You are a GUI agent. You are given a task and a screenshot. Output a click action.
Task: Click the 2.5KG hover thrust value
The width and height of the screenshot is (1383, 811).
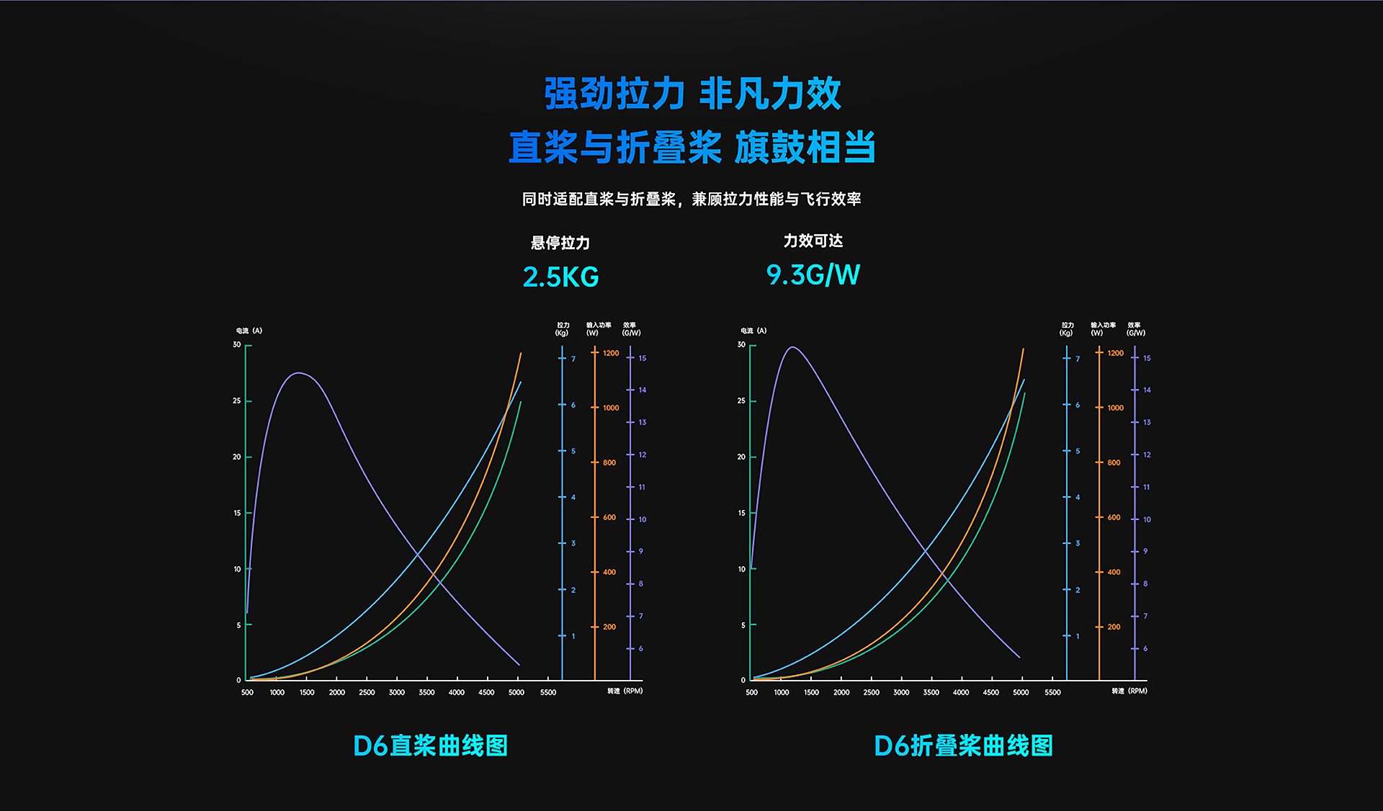[x=560, y=277]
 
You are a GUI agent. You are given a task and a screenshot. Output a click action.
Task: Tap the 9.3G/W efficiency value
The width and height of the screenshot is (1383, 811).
[x=813, y=274]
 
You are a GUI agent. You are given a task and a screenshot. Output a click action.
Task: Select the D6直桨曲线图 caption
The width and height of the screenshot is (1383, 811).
[x=430, y=745]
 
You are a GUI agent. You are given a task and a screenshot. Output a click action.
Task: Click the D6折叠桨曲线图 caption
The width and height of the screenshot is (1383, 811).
[x=963, y=745]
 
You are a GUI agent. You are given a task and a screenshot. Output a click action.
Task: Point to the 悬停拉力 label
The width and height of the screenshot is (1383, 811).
[x=560, y=243]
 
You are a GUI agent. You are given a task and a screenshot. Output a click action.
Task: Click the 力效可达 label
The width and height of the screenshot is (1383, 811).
[x=813, y=241]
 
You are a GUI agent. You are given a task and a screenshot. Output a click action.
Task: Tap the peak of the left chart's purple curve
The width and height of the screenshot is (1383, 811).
[x=299, y=373]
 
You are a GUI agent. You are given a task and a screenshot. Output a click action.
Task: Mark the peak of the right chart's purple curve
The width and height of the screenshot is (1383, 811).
[x=792, y=348]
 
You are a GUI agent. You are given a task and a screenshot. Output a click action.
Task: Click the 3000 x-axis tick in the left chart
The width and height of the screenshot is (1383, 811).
[x=397, y=692]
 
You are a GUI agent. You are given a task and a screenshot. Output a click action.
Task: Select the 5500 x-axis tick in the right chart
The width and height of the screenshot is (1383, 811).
[x=1052, y=692]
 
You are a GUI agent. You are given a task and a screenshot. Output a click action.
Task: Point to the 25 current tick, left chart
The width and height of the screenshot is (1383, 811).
[x=237, y=400]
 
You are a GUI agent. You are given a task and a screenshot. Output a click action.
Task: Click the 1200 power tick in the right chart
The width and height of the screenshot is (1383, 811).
[x=1115, y=353]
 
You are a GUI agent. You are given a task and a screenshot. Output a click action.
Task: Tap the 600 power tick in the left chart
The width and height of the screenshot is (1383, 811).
[x=609, y=517]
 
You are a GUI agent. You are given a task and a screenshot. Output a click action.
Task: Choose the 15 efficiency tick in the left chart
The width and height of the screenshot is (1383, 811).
[x=643, y=358]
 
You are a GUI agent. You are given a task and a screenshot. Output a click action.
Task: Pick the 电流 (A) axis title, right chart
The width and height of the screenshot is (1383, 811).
[x=753, y=331]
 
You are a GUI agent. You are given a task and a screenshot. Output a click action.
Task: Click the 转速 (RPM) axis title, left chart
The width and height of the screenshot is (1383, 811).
[x=625, y=691]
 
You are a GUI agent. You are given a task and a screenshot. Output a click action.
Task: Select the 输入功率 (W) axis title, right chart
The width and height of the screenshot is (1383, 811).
[x=1103, y=329]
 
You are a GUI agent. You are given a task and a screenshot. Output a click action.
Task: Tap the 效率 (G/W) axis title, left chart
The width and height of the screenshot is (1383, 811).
[x=631, y=329]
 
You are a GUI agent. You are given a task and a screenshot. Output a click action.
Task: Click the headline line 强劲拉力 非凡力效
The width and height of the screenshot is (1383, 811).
[x=691, y=94]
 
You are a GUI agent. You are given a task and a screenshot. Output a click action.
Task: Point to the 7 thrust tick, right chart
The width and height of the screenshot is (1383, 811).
[x=1078, y=359]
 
